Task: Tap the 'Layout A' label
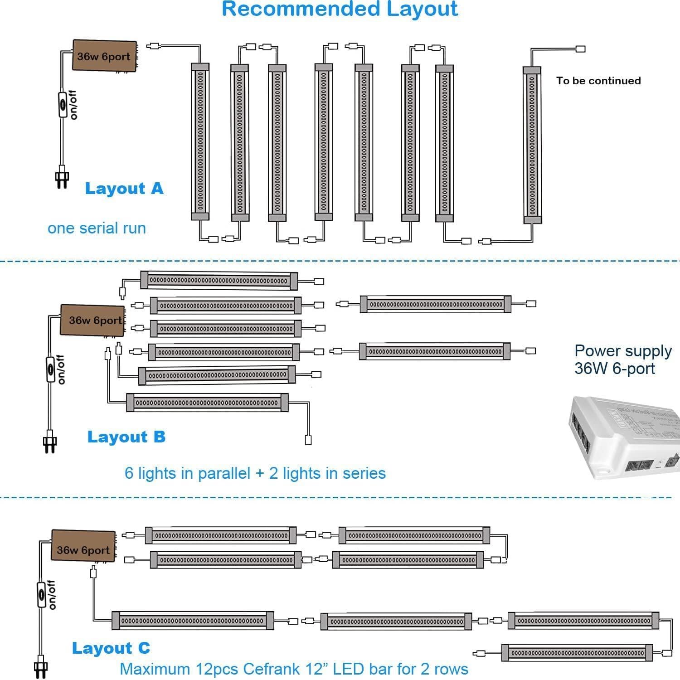point(124,189)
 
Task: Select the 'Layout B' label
point(126,437)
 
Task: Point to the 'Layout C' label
point(111,648)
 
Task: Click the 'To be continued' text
point(598,81)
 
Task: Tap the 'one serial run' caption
point(97,228)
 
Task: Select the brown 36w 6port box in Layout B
point(93,320)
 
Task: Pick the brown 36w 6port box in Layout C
point(83,545)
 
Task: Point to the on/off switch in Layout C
point(41,597)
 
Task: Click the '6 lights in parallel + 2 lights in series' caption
point(255,473)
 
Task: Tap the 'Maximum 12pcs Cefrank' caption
point(294,669)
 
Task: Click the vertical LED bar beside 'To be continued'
point(532,145)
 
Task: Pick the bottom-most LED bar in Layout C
point(576,653)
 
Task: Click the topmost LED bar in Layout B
point(219,281)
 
